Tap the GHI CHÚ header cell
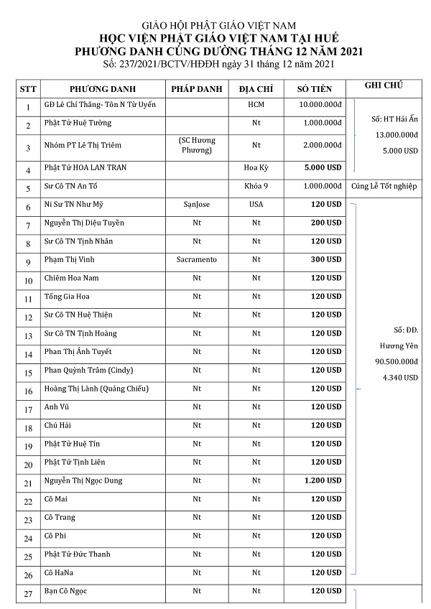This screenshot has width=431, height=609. [384, 85]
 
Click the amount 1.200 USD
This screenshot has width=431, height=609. [323, 480]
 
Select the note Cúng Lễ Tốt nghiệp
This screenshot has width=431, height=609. [384, 187]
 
